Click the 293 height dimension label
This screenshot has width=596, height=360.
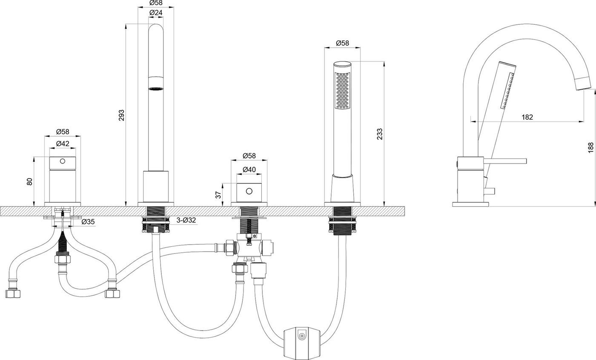(121, 115)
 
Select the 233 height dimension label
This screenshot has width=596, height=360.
(380, 134)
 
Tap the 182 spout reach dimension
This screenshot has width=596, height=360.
(527, 117)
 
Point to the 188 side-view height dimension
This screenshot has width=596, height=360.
(590, 147)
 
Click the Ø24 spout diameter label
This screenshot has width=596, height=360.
(156, 12)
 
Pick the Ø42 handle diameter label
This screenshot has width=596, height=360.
(63, 144)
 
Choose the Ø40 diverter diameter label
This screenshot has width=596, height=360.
(249, 170)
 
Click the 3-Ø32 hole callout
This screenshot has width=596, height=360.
(186, 220)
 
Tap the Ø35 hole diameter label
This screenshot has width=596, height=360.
(88, 222)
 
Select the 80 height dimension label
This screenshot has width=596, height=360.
(29, 181)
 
